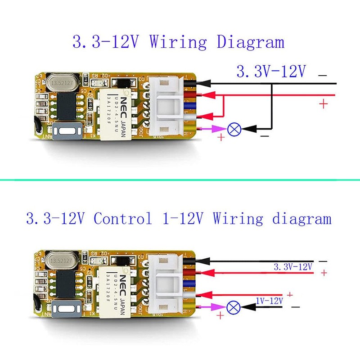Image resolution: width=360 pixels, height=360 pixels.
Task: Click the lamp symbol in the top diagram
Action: coord(233,130)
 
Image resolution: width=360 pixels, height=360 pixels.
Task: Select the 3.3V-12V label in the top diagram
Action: coord(271,71)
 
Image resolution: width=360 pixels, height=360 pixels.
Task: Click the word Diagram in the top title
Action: coord(251,42)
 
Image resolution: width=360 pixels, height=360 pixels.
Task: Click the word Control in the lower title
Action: coord(122,219)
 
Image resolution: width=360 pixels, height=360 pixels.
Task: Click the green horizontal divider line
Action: coord(180,180)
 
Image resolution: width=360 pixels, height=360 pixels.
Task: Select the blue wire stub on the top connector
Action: coord(190,106)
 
